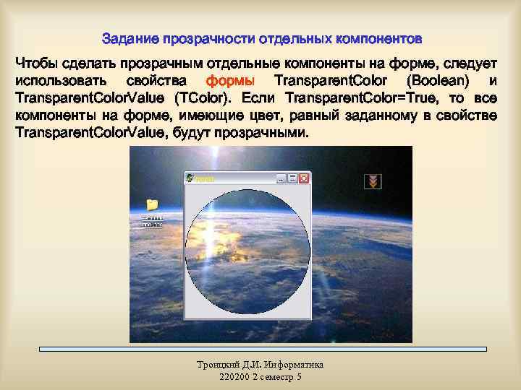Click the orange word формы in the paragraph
(x=230, y=79)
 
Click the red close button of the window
(x=304, y=178)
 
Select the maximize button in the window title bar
(x=293, y=178)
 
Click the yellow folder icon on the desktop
(x=152, y=205)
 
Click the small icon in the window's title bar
(x=190, y=178)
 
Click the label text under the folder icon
(x=152, y=221)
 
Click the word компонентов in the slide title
(x=377, y=37)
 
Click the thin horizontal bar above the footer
(x=262, y=350)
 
